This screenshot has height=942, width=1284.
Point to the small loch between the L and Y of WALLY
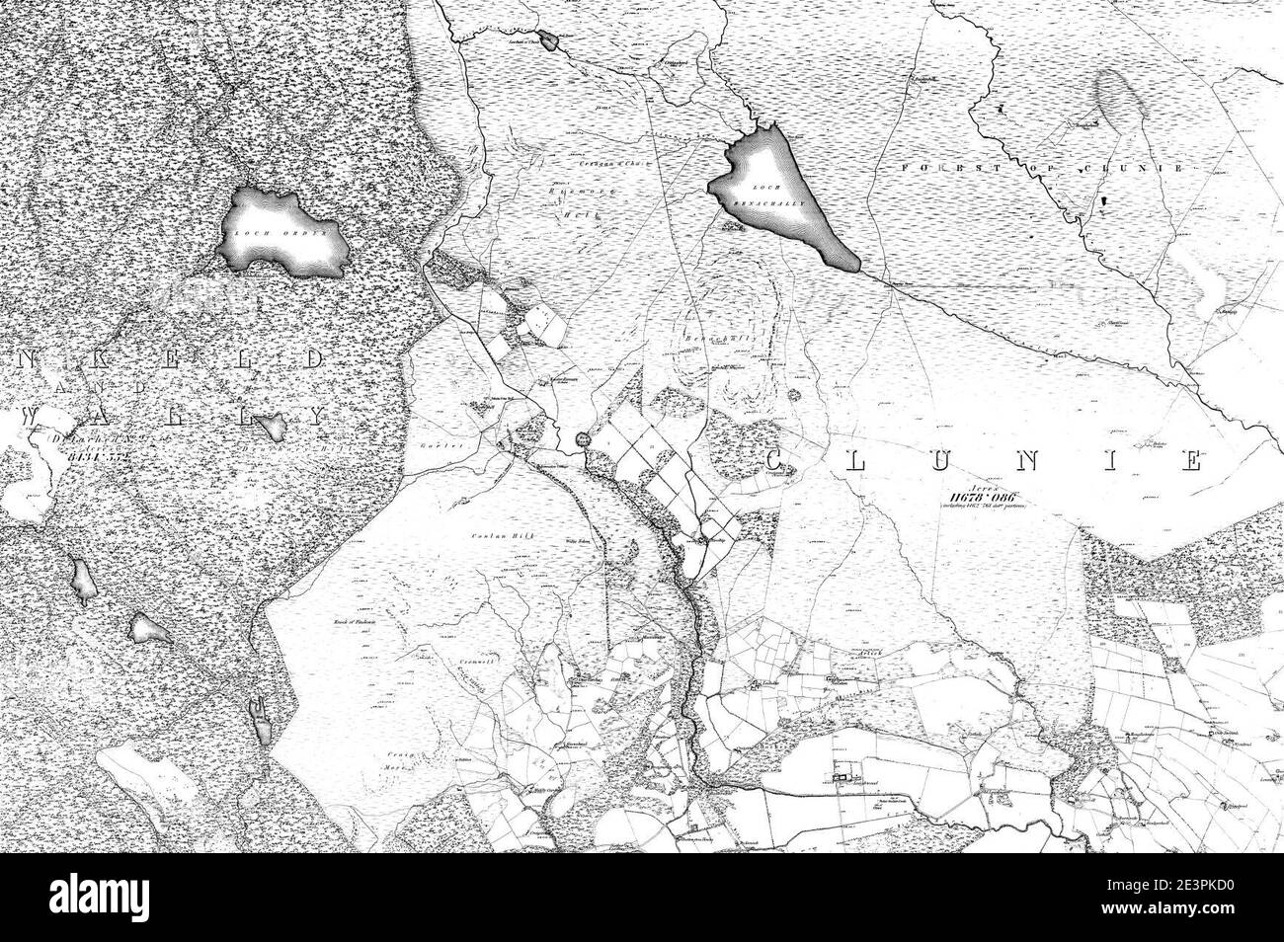click(x=269, y=427)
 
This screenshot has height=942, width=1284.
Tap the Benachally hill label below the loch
click(x=712, y=336)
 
